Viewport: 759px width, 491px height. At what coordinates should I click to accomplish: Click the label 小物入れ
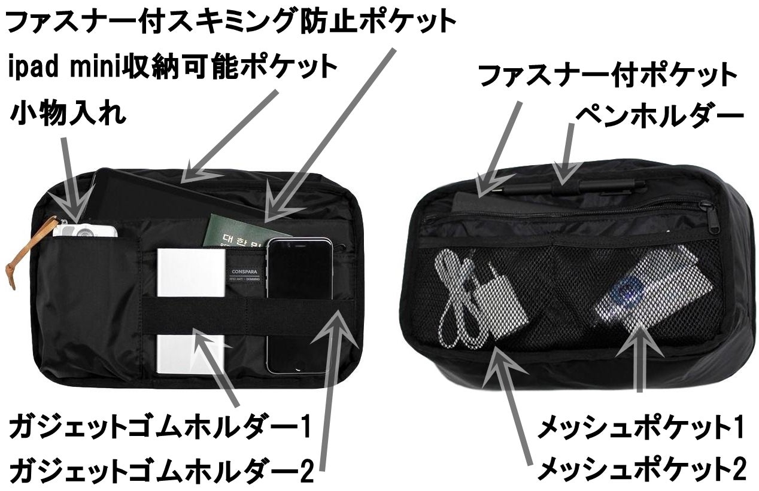(x=68, y=114)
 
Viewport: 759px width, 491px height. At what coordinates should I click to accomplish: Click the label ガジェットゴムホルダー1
(x=160, y=428)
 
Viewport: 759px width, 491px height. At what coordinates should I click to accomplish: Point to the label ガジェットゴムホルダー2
(x=161, y=470)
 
